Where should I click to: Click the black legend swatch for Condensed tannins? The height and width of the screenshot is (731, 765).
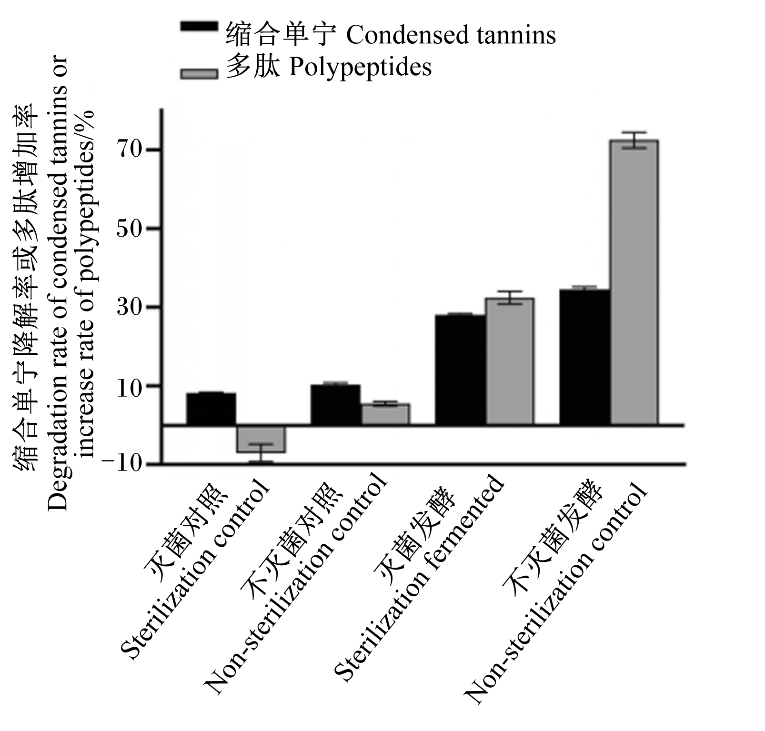pos(199,27)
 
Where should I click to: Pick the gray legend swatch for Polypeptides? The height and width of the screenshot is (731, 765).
pos(199,73)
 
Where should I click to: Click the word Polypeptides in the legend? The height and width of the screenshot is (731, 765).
pos(360,68)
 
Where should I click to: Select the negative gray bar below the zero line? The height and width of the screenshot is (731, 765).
pos(261,439)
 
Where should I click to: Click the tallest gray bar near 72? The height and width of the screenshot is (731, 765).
pos(634,282)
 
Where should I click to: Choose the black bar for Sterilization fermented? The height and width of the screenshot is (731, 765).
pos(460,370)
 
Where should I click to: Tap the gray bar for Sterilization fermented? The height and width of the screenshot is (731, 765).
pos(510,361)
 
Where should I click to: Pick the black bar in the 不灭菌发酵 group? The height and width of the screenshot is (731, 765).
pos(585,357)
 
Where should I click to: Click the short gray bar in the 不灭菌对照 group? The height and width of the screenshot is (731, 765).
pos(385,414)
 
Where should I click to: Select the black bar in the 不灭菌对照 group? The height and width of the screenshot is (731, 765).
pos(335,404)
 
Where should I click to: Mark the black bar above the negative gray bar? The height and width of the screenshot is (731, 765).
pos(211,409)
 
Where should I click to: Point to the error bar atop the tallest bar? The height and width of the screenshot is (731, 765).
pos(634,140)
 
